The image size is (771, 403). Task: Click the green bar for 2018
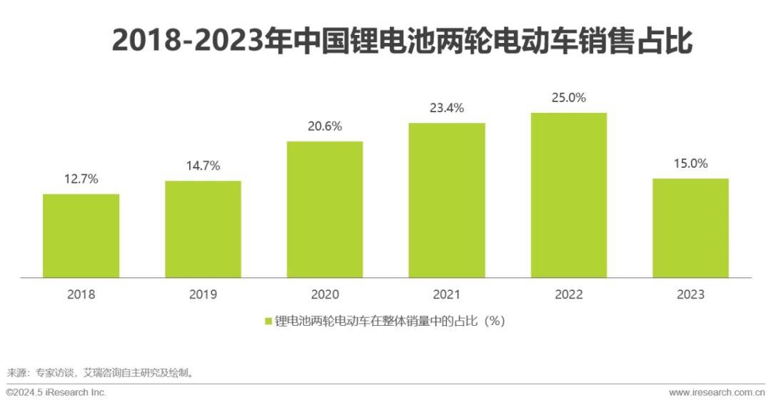click(x=81, y=235)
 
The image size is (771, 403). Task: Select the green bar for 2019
click(x=203, y=229)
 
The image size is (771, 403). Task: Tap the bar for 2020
click(x=325, y=209)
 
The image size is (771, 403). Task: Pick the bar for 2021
click(x=447, y=200)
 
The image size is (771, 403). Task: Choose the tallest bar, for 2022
click(x=569, y=194)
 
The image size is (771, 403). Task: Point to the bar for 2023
click(x=690, y=227)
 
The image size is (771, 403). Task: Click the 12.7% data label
click(x=81, y=179)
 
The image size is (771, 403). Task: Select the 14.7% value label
click(x=203, y=166)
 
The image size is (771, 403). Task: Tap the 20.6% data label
click(x=325, y=126)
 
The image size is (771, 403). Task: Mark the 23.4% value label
click(x=447, y=109)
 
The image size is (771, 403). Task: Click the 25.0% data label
click(x=569, y=98)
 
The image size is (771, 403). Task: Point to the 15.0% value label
click(x=690, y=164)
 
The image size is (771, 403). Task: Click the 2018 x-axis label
click(x=81, y=294)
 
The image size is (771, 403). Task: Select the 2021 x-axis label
click(x=447, y=294)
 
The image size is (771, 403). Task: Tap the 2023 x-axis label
click(x=690, y=294)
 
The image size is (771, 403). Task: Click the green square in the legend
click(x=268, y=322)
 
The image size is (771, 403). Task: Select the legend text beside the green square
click(x=390, y=321)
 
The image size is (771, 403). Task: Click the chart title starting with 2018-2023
click(x=402, y=41)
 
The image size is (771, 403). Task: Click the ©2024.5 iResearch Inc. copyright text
click(x=56, y=392)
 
